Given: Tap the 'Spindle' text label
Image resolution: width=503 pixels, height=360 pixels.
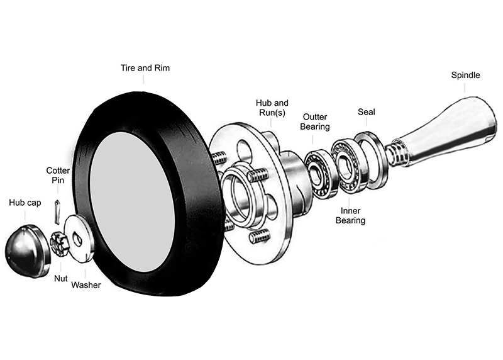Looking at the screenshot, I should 465,75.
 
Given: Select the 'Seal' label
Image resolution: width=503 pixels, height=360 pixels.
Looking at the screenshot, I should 366,111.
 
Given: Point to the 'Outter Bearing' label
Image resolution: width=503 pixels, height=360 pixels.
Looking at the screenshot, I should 316,121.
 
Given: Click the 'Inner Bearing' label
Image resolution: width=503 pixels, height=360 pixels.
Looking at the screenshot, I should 350,215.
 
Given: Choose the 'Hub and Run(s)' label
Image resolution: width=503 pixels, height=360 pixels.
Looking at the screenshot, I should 272,107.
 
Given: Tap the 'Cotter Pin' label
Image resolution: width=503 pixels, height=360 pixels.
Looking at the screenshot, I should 58,175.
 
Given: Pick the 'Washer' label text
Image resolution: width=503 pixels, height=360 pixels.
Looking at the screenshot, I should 86,285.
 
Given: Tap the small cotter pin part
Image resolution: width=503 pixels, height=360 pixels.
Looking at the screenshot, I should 57,210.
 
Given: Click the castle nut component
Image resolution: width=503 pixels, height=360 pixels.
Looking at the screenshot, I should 58,242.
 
